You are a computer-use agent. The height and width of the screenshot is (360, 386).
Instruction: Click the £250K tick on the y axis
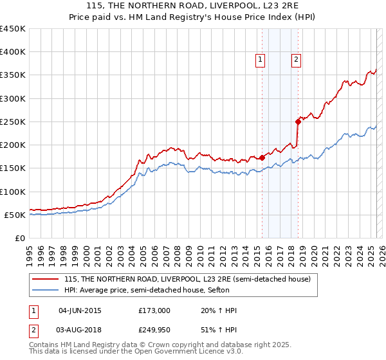[13, 122]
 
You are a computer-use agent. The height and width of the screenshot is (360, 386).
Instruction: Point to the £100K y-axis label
[13, 192]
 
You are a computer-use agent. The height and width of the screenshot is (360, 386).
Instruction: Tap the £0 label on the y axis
[20, 239]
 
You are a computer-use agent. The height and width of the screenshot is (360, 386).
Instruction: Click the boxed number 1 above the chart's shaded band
[261, 60]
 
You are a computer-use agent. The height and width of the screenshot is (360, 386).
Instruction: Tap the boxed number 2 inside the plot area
[296, 60]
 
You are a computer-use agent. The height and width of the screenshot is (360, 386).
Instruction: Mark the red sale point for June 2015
[262, 157]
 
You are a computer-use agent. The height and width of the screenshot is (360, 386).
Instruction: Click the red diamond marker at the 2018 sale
[298, 121]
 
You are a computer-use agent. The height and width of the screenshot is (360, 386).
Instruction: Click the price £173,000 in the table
[154, 310]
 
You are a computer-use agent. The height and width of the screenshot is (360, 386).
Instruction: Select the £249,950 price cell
[154, 330]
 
